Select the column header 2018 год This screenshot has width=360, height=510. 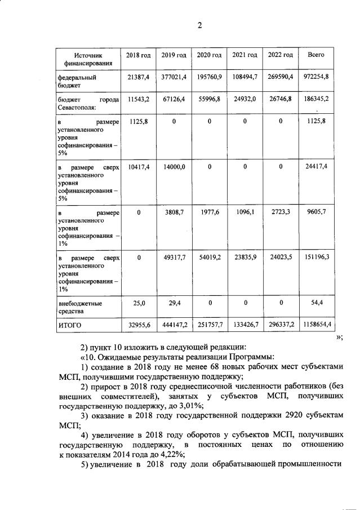tap(138, 55)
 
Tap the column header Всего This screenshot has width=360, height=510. tap(316, 55)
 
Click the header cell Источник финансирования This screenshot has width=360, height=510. tap(89, 60)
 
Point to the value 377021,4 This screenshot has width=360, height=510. tap(174, 76)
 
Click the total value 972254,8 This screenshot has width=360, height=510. tap(316, 76)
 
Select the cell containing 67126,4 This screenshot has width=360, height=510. tap(174, 99)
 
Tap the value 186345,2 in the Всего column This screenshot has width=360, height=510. tap(316, 99)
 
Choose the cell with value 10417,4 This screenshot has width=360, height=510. tap(138, 167)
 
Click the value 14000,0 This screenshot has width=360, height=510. tap(174, 167)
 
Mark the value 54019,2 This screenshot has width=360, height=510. tap(209, 258)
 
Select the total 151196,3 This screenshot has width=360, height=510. tap(316, 258)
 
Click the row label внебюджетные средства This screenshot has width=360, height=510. tap(81, 307)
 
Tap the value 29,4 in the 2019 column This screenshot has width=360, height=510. tap(174, 303)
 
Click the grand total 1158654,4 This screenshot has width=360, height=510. tap(316, 325)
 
